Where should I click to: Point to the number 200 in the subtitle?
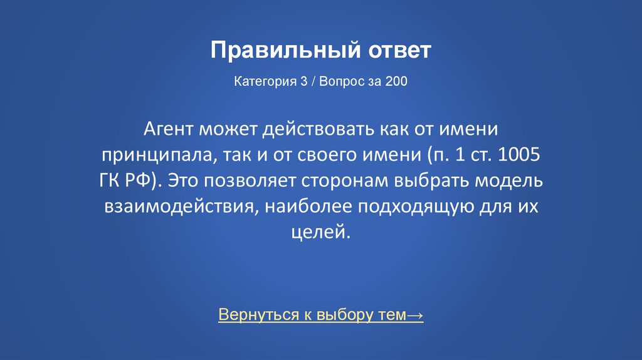tap(396, 82)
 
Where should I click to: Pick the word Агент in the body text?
tap(169, 130)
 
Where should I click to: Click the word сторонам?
tap(345, 181)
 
